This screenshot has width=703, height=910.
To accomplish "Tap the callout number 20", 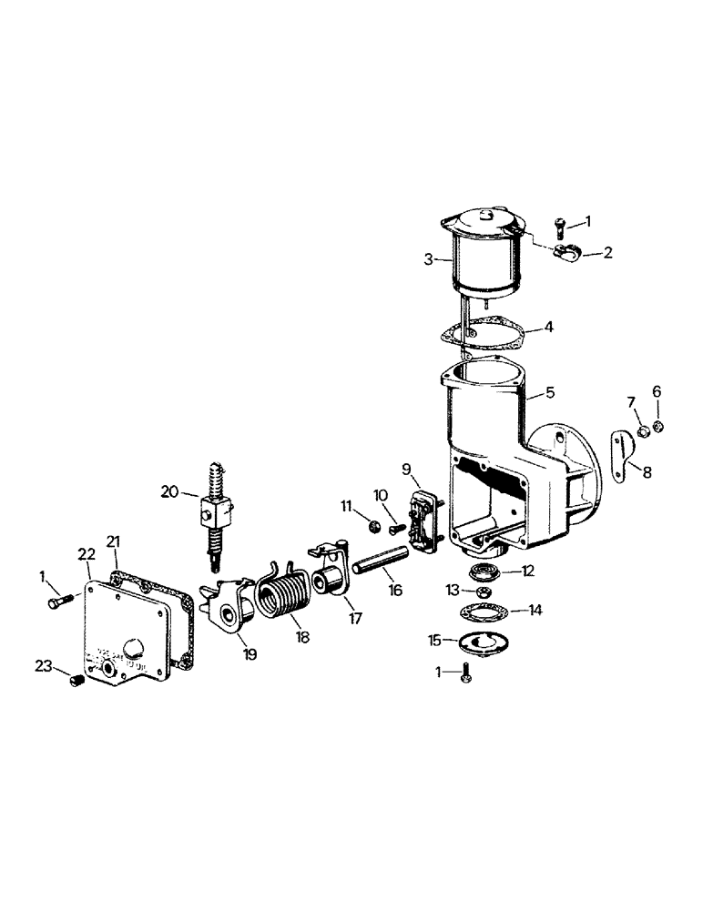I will pyautogui.click(x=169, y=491).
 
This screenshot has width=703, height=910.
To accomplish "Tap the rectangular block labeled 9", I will pyautogui.click(x=424, y=521).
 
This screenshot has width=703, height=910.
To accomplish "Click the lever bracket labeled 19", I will pyautogui.click(x=230, y=610).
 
